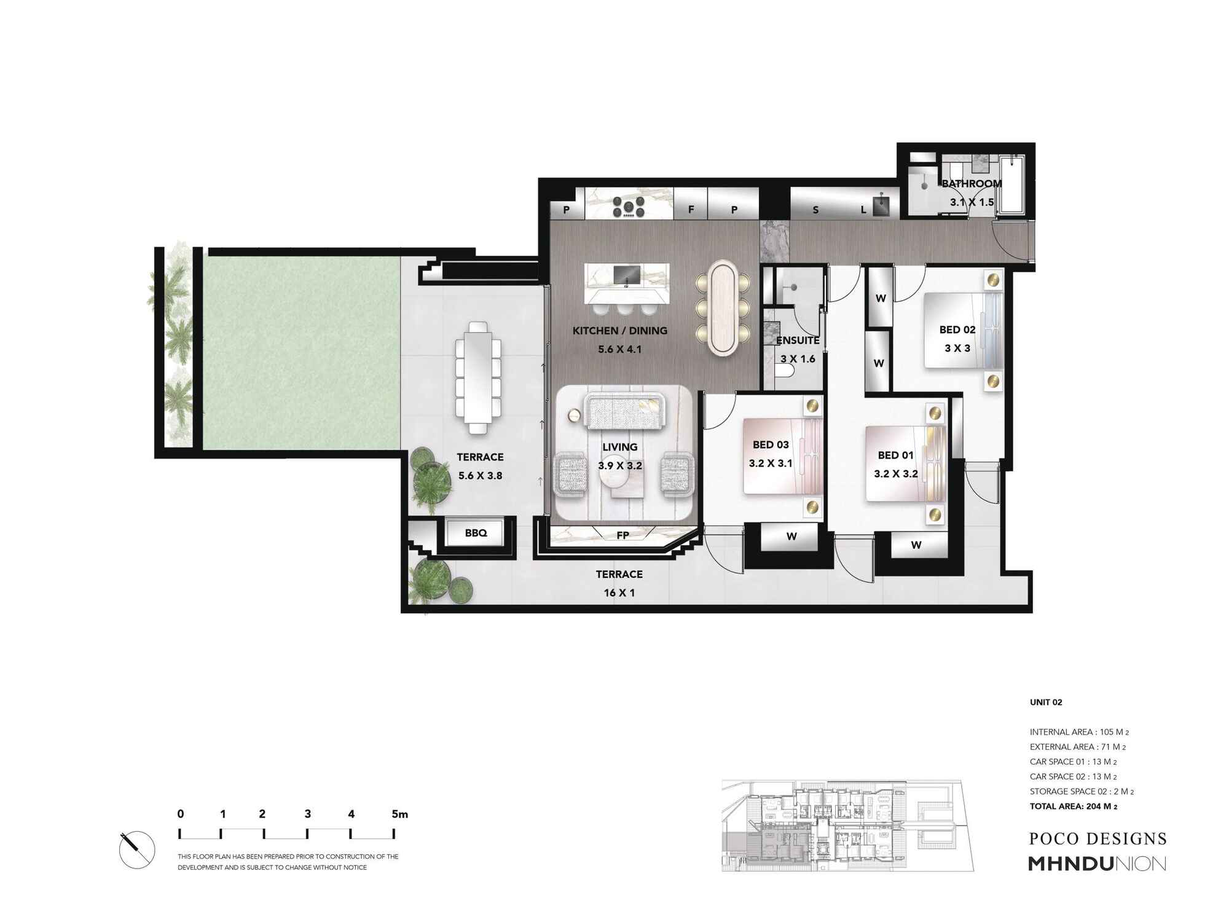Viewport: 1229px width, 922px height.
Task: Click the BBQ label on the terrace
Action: (476, 533)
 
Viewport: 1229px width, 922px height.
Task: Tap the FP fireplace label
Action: (622, 535)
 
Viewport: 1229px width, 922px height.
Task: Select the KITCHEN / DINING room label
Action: (619, 331)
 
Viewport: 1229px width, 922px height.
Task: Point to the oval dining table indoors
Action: (723, 307)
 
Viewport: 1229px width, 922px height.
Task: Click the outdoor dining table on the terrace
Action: (477, 378)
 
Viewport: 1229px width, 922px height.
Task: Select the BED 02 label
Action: (957, 330)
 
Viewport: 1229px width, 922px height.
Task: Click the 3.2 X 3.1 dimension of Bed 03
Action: (770, 463)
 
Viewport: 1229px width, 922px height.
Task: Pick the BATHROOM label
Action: (972, 184)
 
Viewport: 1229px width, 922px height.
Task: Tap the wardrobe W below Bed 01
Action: (916, 545)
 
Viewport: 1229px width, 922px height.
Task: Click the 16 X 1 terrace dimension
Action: (619, 593)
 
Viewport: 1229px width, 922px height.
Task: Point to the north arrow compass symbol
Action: (137, 849)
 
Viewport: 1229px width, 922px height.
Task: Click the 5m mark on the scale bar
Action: (399, 814)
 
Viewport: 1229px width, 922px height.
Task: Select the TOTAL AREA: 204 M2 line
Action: (1073, 806)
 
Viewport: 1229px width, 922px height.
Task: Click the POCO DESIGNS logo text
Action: (1097, 839)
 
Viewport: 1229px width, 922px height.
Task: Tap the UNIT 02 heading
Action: (1046, 702)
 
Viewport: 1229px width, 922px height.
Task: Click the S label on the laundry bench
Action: (815, 210)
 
